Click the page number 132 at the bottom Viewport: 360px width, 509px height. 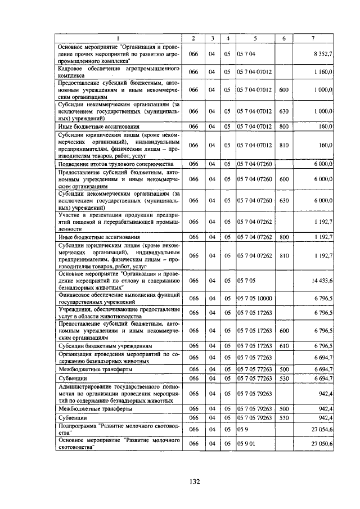pos(180,481)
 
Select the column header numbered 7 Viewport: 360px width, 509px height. pos(313,38)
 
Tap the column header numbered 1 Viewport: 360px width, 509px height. pos(118,38)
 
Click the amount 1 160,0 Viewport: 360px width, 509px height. pos(323,73)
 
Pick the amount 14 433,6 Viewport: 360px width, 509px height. pos(321,280)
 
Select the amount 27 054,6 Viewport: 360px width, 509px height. pos(321,429)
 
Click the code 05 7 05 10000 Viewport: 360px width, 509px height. pos(255,298)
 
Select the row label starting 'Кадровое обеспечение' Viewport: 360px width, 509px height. pos(118,72)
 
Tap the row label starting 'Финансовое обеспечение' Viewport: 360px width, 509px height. pos(118,298)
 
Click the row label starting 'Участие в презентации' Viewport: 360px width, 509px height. pos(118,222)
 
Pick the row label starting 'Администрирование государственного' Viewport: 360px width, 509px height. pos(118,395)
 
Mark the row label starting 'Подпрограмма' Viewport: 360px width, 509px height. pos(118,429)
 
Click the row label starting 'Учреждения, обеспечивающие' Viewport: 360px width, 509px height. pos(118,313)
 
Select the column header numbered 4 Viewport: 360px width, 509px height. pos(228,38)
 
